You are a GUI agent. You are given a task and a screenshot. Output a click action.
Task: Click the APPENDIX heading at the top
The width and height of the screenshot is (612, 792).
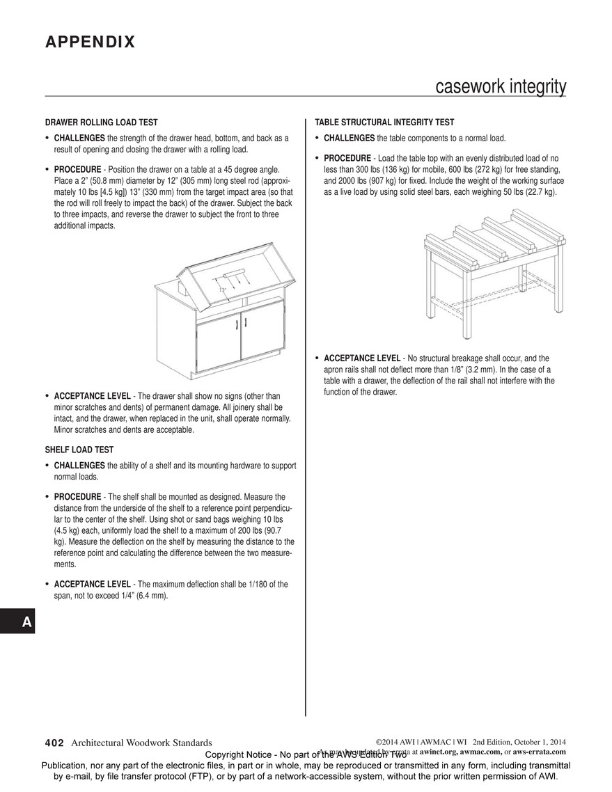click(x=90, y=42)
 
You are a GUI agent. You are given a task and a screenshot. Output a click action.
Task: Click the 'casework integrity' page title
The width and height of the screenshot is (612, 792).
click(x=500, y=87)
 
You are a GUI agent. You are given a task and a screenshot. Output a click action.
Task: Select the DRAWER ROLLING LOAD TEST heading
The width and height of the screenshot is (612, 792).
click(x=102, y=122)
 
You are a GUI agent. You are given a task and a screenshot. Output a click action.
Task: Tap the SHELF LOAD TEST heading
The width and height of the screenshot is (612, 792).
click(x=79, y=450)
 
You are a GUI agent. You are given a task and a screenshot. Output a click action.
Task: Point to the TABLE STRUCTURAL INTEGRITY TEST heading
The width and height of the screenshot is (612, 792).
click(x=384, y=122)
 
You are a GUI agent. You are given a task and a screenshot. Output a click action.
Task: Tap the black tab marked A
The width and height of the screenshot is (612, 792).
click(x=26, y=622)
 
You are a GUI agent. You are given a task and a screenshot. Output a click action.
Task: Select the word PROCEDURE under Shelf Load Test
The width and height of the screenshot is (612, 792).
click(x=77, y=497)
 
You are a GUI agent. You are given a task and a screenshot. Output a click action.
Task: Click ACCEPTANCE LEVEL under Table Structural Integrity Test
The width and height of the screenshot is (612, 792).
click(x=362, y=358)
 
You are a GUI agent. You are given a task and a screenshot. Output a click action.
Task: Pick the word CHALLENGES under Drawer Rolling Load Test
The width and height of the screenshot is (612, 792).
click(x=79, y=138)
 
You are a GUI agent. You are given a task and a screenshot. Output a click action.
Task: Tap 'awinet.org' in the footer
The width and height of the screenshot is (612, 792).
click(x=439, y=752)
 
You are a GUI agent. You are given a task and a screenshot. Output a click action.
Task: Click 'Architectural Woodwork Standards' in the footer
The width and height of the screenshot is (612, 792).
click(x=141, y=743)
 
